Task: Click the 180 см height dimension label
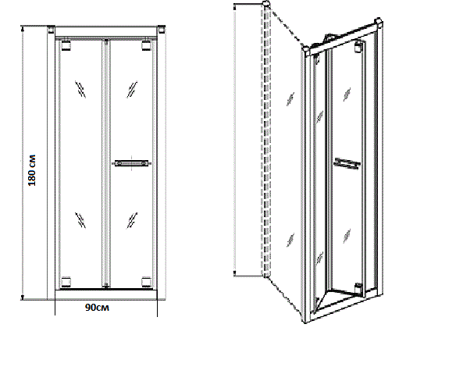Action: [32, 170]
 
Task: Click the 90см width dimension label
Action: [97, 308]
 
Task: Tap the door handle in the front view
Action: [131, 163]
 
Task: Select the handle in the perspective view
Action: [347, 163]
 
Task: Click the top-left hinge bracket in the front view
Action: [66, 45]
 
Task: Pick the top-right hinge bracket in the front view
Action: [146, 45]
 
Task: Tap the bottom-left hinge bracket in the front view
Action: [66, 282]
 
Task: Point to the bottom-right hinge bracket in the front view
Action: [146, 282]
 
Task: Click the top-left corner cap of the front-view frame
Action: [51, 30]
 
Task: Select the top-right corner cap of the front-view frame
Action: [162, 30]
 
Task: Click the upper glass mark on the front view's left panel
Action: [80, 89]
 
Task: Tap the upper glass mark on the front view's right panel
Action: [132, 89]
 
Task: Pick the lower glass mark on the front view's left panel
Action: [80, 220]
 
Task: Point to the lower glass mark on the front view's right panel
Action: [132, 220]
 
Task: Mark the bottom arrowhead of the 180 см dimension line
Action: [23, 298]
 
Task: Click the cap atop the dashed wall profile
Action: [266, 4]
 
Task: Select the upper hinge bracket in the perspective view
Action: [359, 47]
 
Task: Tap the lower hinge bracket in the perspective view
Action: [359, 288]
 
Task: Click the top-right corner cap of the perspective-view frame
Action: [378, 23]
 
